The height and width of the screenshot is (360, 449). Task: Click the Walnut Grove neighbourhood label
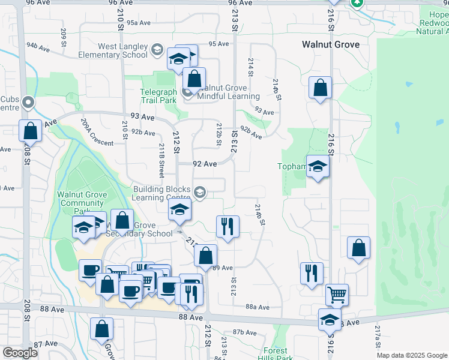click(331, 44)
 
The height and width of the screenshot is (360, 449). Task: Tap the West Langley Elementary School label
click(114, 50)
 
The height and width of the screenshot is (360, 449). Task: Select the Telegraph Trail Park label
click(158, 97)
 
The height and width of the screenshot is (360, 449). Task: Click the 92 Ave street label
click(205, 164)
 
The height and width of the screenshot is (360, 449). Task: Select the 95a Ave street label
click(137, 23)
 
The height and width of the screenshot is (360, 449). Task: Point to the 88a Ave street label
click(258, 307)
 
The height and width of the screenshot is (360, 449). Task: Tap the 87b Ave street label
click(244, 332)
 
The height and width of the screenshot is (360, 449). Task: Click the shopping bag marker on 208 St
click(30, 131)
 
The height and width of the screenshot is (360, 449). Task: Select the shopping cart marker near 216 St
click(337, 295)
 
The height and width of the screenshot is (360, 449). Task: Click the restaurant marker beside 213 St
click(228, 227)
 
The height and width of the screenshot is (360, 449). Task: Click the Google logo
click(20, 353)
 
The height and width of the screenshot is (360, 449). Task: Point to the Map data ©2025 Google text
click(412, 355)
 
